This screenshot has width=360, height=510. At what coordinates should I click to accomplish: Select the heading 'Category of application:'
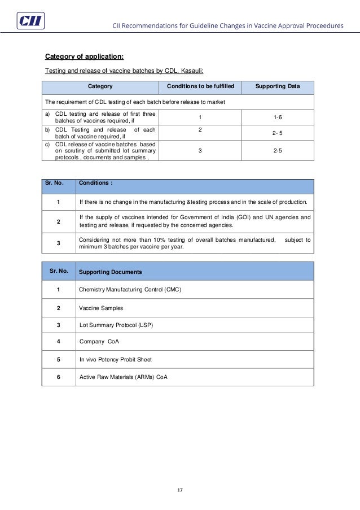point(85,56)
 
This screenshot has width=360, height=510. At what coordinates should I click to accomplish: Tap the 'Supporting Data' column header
point(277,86)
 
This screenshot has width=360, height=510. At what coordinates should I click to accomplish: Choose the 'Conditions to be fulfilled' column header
point(200,86)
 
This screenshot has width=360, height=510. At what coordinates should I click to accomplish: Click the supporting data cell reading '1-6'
point(277,117)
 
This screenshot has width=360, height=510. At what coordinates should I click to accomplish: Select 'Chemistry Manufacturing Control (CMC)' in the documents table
point(130,290)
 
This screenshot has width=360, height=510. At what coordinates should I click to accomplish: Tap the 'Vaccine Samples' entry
point(101,308)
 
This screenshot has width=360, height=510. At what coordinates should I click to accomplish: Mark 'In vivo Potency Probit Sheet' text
point(116,359)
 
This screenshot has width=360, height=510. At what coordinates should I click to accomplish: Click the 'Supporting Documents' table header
point(111,272)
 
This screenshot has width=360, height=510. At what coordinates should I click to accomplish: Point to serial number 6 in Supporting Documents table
point(59,377)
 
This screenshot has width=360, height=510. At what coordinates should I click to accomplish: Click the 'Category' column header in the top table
point(100,86)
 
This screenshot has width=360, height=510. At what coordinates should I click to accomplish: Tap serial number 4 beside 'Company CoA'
point(59,341)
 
